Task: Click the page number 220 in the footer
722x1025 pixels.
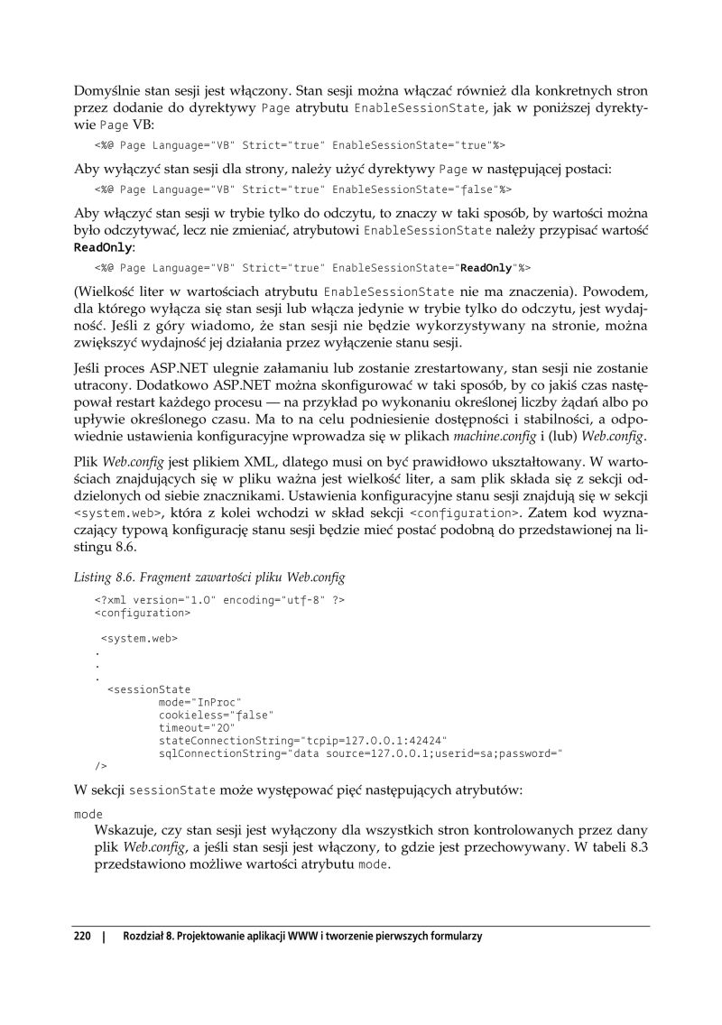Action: (x=82, y=937)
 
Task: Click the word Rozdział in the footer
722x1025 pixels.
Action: (x=145, y=937)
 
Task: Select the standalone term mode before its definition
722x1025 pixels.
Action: (x=88, y=813)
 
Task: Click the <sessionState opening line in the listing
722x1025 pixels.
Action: (x=149, y=688)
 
